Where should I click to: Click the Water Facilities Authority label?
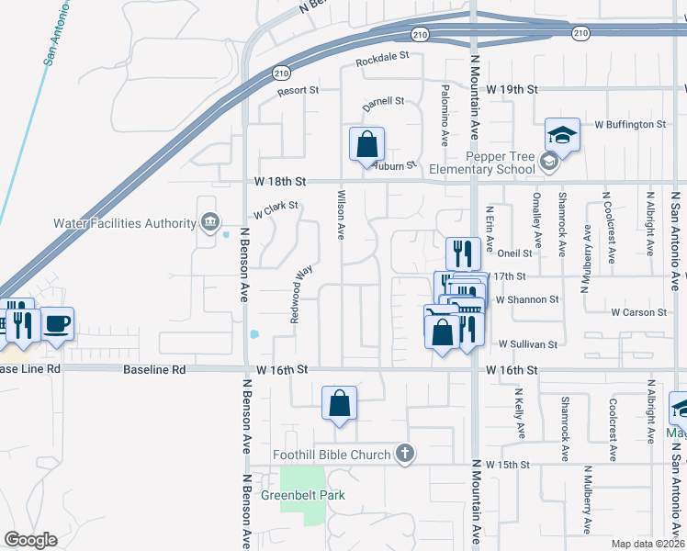point(125,223)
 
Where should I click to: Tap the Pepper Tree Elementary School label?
point(500,163)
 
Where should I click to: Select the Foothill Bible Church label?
point(332,454)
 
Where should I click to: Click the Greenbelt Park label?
point(303,495)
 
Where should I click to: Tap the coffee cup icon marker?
point(57,324)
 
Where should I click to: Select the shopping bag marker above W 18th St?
point(366,144)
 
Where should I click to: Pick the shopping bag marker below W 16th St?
point(339,402)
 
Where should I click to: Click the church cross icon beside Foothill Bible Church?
point(404,454)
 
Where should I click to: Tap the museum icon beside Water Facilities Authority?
point(209,222)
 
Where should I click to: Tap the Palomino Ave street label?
point(445,116)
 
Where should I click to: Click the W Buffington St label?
point(630,124)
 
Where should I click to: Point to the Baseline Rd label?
point(154,369)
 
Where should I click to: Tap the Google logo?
point(30,539)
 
